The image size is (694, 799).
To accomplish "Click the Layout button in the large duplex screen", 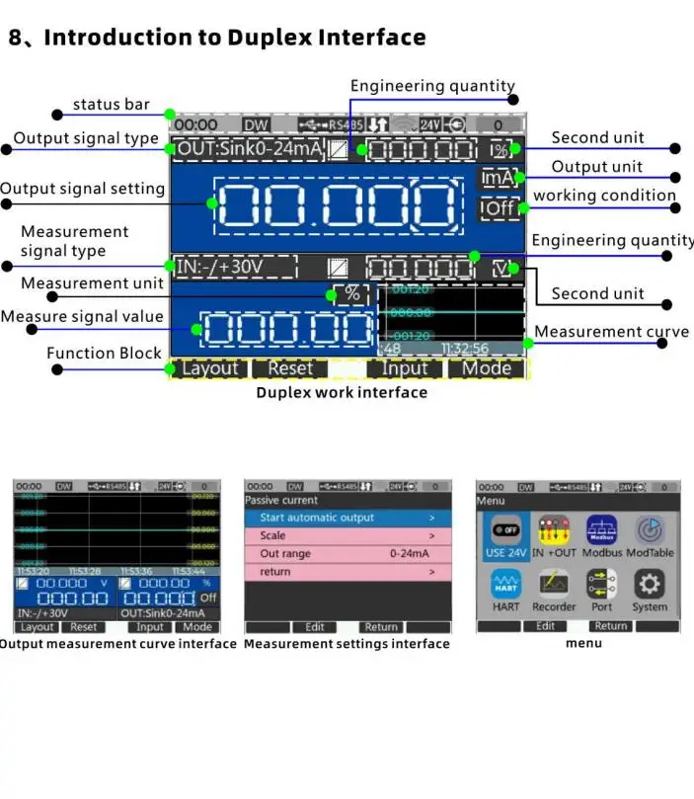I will coord(210,368).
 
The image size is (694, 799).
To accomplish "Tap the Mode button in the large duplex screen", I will coord(487,368).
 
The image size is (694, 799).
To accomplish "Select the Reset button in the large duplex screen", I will coord(289,368).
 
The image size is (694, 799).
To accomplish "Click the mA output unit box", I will coord(499,179).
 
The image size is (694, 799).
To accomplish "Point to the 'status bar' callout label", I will coord(112,105).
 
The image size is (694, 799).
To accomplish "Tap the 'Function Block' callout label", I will coord(104,354).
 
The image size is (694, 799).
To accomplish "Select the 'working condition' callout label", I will coord(604,196).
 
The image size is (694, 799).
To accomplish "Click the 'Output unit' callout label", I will coord(596,167).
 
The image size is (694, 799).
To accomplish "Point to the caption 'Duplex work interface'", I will coord(342,392).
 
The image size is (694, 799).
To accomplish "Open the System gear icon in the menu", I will coord(650,584).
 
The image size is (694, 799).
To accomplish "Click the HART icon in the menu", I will coord(505,584).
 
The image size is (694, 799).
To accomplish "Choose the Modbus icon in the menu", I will coord(602,530).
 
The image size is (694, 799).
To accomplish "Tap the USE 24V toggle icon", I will coord(505,530).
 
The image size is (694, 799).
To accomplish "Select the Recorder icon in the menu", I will coord(554,584).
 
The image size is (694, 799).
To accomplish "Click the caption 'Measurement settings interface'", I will coord(347,644).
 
